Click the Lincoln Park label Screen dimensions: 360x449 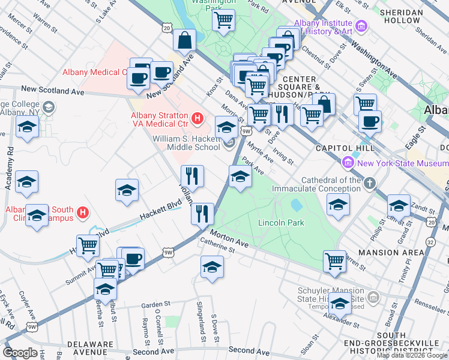[x=281, y=223]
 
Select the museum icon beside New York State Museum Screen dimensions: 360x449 [x=347, y=163]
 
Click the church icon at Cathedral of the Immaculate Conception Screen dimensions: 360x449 [x=370, y=182]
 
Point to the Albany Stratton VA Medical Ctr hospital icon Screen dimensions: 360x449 [x=197, y=116]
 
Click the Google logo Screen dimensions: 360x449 [x=20, y=353]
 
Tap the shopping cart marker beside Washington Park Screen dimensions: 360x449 [x=223, y=20]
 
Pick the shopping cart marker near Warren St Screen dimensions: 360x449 [x=334, y=261]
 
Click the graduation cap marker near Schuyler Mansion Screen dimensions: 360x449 [x=340, y=304]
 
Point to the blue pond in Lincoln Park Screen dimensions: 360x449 [x=296, y=205]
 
